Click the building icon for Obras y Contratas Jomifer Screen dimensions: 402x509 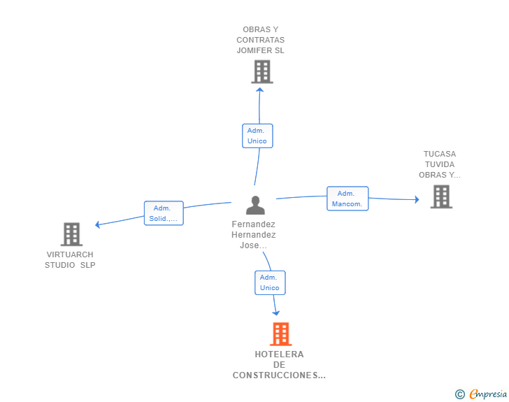(261, 71)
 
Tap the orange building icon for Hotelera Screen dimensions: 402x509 (280, 334)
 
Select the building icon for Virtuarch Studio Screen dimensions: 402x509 (71, 234)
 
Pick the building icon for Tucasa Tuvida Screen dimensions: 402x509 (440, 196)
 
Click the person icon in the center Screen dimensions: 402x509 (255, 205)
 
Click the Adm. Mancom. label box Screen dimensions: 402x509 (347, 199)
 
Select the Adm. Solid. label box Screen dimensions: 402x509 (164, 213)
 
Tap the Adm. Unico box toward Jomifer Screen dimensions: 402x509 (257, 136)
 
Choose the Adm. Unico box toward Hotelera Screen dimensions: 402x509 (269, 282)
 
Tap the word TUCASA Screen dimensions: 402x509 (439, 154)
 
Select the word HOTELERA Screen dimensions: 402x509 (279, 354)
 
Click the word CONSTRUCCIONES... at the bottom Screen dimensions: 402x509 (279, 375)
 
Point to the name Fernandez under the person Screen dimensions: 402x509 (253, 224)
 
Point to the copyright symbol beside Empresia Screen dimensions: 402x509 (459, 394)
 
